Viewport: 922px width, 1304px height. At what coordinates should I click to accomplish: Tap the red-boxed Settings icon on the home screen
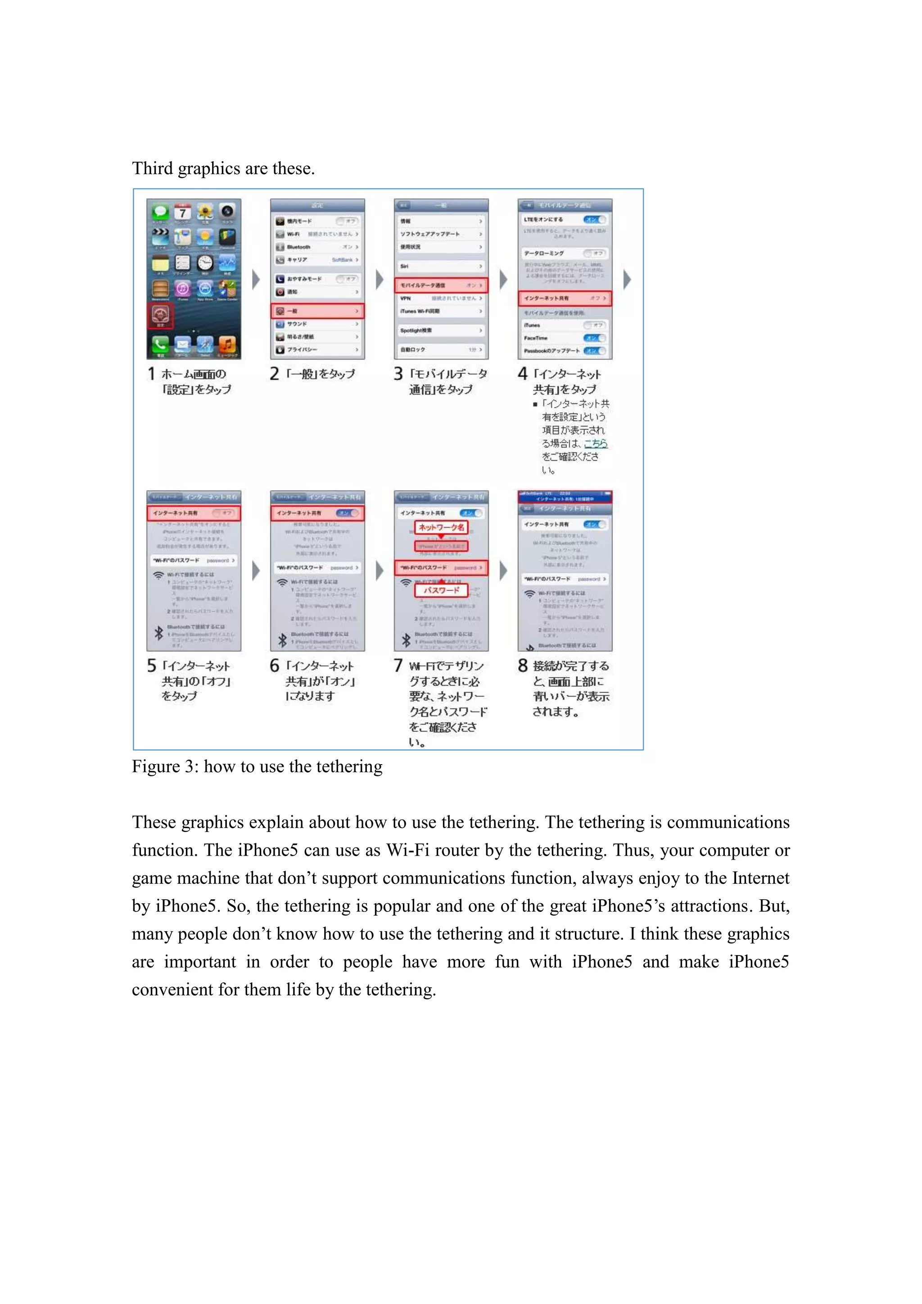161,315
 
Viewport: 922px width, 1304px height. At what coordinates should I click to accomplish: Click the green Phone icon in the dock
160,344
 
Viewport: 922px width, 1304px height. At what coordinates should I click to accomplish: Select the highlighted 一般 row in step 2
317,311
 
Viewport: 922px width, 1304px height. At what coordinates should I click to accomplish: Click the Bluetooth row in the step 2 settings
317,247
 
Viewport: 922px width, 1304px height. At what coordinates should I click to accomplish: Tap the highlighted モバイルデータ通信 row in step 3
441,285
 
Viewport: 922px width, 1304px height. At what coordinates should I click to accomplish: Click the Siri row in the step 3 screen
441,266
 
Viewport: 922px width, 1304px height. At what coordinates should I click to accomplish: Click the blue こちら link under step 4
596,444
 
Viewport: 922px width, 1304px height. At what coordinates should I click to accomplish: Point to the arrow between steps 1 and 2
256,280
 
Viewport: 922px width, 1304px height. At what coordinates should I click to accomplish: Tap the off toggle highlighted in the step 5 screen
222,513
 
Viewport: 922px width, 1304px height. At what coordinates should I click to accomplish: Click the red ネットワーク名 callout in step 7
441,528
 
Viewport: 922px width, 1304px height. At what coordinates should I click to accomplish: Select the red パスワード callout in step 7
441,591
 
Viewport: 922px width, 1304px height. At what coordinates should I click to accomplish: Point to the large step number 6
275,666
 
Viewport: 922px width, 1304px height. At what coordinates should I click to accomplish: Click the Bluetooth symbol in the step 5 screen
159,633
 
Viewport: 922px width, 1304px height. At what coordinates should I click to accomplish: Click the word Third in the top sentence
152,169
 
